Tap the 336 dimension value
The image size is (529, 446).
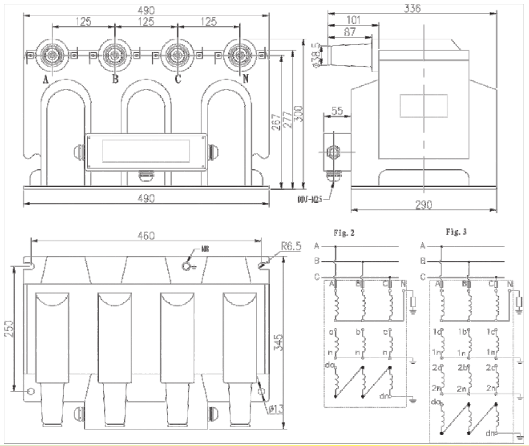tap(412, 8)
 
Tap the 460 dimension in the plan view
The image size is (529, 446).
tap(146, 236)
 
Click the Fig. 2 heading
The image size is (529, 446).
tap(343, 234)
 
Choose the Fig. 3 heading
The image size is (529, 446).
tap(456, 233)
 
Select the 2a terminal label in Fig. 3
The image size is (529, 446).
tap(437, 368)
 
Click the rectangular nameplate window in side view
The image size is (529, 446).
tap(423, 105)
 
